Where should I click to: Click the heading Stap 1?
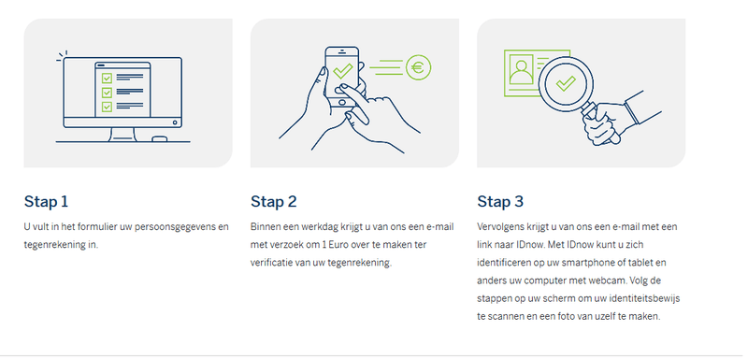point(46,202)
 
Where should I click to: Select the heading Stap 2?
point(273,202)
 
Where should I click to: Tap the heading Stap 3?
point(500,202)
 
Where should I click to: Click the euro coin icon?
point(418,67)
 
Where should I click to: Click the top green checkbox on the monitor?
point(107,78)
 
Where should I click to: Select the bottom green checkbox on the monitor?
point(107,107)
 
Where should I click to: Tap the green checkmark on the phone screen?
point(342,71)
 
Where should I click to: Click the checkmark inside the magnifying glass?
point(566,83)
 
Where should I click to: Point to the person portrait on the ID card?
point(521,69)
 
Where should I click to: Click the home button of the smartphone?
point(341,103)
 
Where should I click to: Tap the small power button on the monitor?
point(175,122)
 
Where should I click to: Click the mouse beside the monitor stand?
point(159,139)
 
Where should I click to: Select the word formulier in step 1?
point(90,226)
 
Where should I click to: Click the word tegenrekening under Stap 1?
point(56,245)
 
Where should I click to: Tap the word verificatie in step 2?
point(270,263)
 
